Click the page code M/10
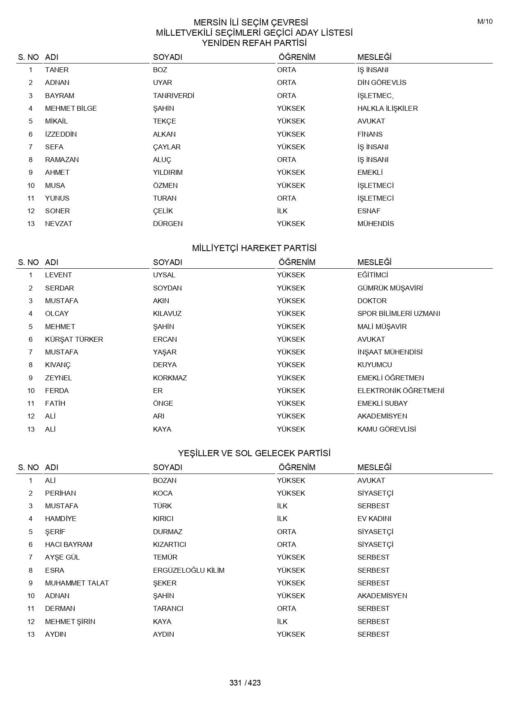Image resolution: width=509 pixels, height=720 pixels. click(485, 22)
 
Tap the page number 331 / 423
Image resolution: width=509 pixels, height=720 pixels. click(245, 683)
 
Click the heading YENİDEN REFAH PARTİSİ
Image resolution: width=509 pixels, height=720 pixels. click(254, 43)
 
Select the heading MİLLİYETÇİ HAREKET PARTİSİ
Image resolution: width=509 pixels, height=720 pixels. click(254, 248)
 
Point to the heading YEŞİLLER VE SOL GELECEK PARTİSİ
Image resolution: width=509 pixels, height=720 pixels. click(254, 453)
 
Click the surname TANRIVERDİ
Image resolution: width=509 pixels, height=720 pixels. click(174, 96)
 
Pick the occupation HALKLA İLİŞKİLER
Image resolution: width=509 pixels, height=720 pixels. click(387, 108)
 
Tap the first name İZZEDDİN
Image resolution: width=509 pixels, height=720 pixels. click(61, 134)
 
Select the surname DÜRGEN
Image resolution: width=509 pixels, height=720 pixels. click(168, 224)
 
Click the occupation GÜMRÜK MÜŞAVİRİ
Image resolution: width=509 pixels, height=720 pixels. click(390, 288)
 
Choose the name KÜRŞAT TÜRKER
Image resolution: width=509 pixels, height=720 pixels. click(74, 339)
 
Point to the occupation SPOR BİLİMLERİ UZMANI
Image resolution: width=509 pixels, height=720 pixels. click(399, 313)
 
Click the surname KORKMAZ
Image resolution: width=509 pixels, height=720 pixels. click(170, 378)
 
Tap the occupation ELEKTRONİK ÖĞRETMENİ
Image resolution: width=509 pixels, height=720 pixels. click(401, 391)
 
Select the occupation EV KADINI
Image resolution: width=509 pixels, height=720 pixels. click(374, 519)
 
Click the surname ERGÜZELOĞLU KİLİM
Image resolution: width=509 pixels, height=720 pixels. click(189, 570)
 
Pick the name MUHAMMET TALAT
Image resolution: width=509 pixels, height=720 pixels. click(77, 583)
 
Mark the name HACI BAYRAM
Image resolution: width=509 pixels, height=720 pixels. click(69, 544)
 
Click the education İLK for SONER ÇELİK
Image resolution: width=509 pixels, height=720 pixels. click(282, 211)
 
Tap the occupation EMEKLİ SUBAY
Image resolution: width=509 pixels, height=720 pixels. click(382, 403)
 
